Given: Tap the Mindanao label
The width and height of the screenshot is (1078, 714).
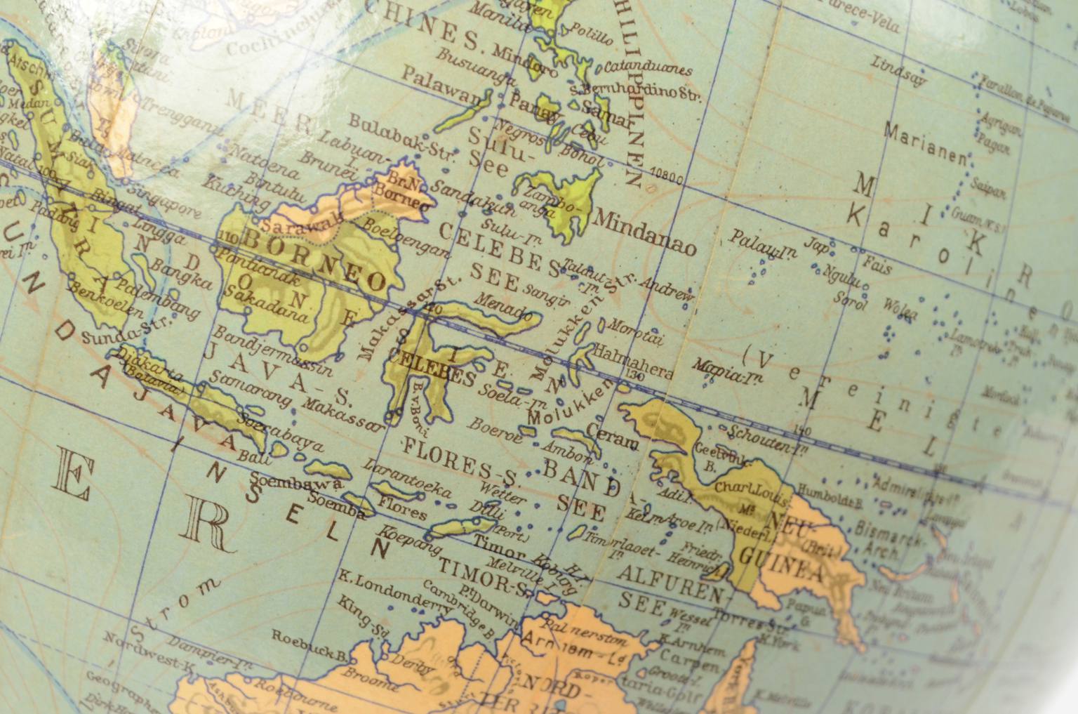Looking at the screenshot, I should [644, 231].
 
